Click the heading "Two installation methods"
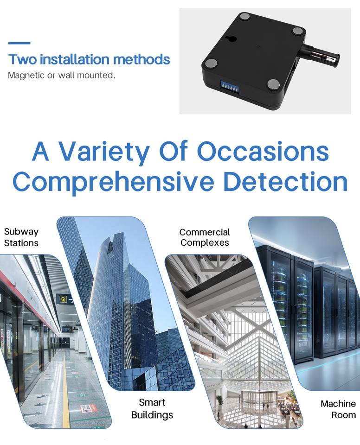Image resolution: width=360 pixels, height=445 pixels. tap(89, 59)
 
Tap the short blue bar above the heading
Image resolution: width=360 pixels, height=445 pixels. tap(19, 43)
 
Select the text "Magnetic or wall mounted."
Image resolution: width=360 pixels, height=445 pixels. tap(61, 75)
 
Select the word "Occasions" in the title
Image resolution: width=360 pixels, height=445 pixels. tap(263, 151)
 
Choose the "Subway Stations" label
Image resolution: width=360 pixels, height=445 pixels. tap(21, 237)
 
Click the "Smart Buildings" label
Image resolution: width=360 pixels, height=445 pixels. tap(152, 408)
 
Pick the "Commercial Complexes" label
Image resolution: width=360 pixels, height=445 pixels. tap(205, 237)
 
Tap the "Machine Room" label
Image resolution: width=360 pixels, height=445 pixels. tap(338, 409)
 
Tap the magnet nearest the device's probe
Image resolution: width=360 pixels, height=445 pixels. tap(297, 32)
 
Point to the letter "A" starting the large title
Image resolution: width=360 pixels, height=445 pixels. tap(41, 151)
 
